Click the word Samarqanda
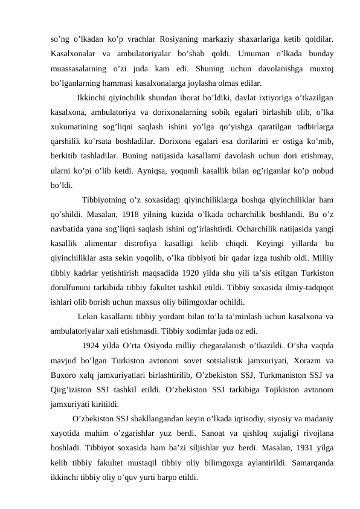coord(308,459)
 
